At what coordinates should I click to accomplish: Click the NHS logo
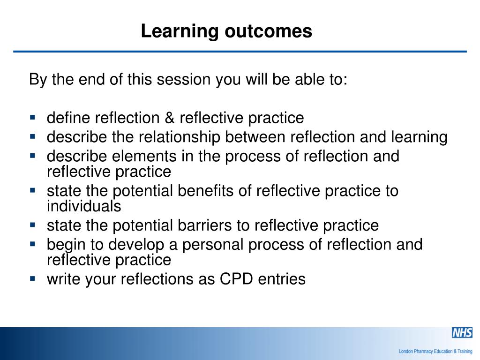(x=462, y=333)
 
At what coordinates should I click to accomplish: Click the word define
(x=69, y=118)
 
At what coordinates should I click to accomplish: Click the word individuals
(x=84, y=206)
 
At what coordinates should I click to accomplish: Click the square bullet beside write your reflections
(x=33, y=278)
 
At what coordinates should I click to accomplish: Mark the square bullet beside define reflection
(x=33, y=117)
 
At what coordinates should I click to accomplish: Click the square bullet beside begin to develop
(x=33, y=243)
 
